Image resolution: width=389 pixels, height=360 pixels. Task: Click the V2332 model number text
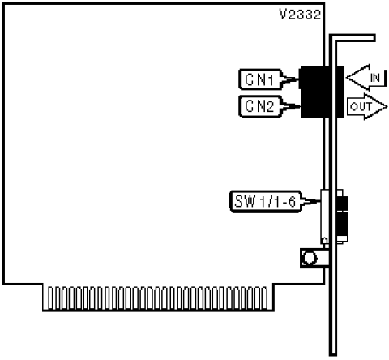[300, 15]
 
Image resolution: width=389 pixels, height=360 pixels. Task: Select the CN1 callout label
[260, 79]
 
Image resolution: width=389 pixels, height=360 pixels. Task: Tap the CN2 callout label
[260, 106]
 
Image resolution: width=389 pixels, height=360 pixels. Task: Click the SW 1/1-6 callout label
[265, 201]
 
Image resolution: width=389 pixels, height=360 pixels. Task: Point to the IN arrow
[365, 78]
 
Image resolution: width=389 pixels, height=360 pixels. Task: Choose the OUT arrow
[367, 107]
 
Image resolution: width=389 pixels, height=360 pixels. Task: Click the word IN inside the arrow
[375, 78]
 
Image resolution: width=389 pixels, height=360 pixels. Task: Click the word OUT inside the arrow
[361, 107]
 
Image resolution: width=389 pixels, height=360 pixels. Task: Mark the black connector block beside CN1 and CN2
[322, 92]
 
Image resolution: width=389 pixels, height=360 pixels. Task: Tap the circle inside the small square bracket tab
[310, 258]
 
